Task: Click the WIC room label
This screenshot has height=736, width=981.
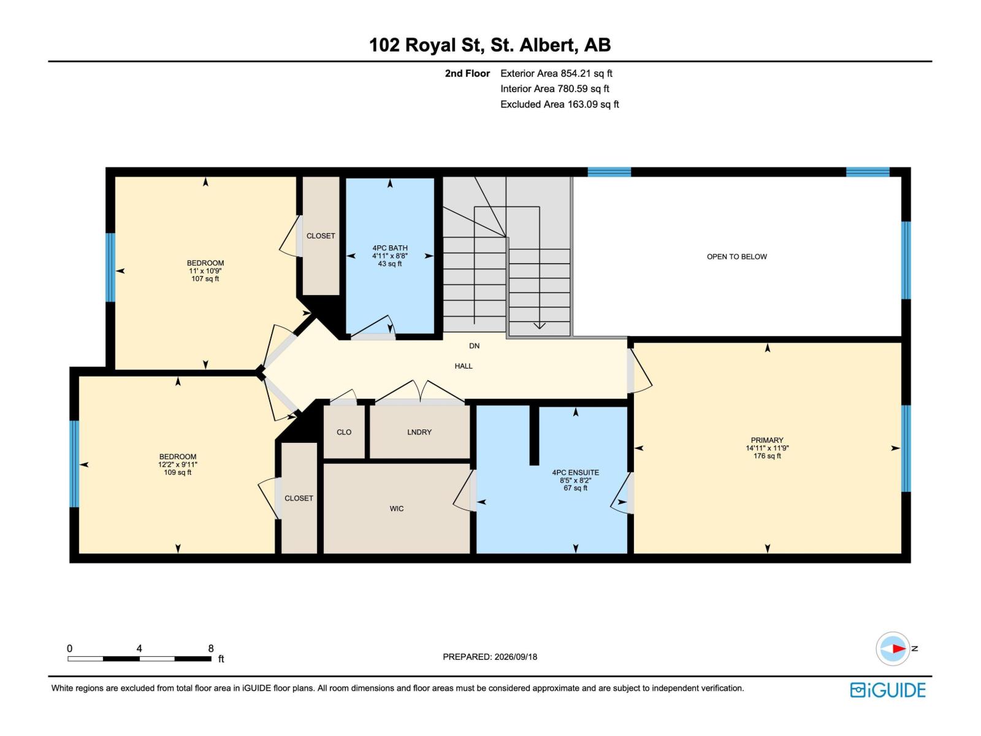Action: pos(397,508)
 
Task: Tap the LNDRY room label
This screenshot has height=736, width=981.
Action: pos(419,432)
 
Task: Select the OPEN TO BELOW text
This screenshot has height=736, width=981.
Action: pos(736,256)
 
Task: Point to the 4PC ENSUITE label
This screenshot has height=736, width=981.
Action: pos(576,472)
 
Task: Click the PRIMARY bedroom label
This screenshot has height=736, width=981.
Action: pos(767,440)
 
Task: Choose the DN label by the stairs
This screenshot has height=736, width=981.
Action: pos(474,346)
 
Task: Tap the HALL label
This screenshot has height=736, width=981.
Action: pos(464,366)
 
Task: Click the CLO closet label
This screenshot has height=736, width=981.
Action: pos(344,432)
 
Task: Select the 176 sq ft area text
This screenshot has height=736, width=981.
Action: pos(767,456)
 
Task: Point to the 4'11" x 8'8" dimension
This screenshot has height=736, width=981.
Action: pos(390,256)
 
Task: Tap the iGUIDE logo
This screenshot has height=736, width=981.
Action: pos(888,690)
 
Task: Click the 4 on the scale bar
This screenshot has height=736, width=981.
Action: pos(139,648)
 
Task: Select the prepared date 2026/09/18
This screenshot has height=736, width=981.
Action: pos(516,657)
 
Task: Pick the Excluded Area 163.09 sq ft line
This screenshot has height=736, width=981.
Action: pos(560,104)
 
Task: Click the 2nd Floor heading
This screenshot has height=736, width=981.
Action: pos(467,73)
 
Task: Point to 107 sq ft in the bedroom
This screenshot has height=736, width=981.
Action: pos(205,279)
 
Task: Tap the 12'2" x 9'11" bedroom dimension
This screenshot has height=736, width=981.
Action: pos(177,464)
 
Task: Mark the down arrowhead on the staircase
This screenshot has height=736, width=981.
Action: pos(540,325)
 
